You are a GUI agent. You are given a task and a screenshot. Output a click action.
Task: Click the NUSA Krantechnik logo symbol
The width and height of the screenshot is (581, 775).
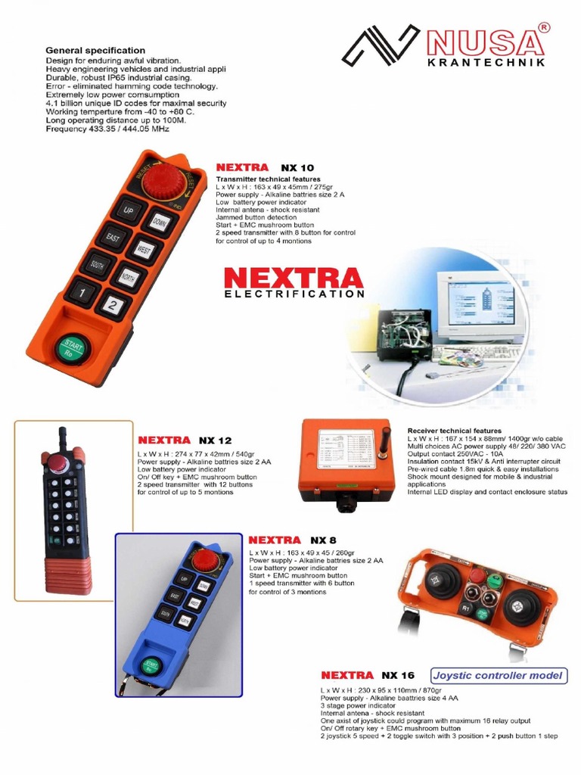point(381,45)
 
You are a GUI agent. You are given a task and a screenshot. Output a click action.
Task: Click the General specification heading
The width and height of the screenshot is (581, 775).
point(95,50)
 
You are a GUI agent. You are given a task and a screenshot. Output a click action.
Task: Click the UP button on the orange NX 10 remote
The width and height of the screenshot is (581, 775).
point(127,210)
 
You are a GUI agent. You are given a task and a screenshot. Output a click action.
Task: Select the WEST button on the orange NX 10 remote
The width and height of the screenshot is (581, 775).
point(144,249)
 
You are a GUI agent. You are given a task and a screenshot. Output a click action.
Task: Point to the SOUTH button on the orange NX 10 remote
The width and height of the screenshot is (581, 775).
point(96,265)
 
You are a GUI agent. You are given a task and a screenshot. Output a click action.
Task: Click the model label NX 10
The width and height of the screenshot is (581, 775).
point(297,167)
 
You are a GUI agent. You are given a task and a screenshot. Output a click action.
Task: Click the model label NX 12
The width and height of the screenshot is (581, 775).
point(216,440)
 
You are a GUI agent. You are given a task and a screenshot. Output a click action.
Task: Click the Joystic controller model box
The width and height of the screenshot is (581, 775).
point(499,675)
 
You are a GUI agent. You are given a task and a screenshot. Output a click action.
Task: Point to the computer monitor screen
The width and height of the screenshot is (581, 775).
point(481,302)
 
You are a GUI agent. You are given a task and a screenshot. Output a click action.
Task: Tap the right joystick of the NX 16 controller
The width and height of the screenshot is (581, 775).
point(523,607)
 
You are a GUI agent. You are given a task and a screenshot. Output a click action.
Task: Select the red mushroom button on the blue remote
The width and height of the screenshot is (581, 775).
point(204,561)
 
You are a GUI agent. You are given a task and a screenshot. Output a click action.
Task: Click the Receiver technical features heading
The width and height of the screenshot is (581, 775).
point(454,431)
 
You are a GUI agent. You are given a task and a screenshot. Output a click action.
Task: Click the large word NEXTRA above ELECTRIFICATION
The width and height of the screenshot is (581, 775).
point(294,278)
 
